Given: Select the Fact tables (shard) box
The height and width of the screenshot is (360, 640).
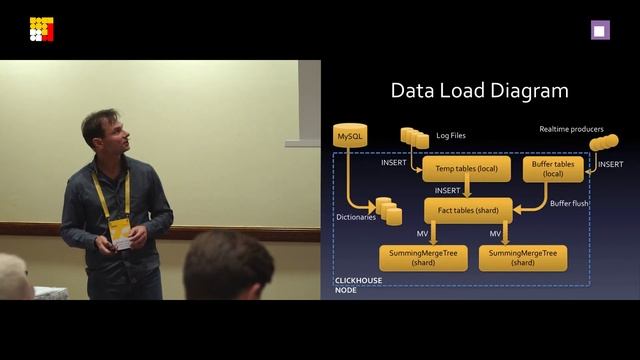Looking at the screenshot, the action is click(x=468, y=209).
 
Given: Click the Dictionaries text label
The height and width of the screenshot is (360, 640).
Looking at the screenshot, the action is click(x=356, y=216).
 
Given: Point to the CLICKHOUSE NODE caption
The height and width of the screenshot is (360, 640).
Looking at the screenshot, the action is click(x=357, y=285).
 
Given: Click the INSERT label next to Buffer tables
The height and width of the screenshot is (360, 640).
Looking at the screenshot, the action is click(x=610, y=163).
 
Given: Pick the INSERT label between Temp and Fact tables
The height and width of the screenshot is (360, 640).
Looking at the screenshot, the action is click(x=448, y=190).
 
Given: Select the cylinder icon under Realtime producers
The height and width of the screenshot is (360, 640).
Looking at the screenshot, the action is click(x=604, y=143).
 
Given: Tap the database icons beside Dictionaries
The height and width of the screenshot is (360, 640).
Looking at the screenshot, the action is click(x=388, y=211).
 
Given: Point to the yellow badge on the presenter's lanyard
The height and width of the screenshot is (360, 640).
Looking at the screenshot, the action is click(x=119, y=232).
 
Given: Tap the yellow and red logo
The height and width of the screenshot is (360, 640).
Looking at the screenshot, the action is click(x=41, y=30).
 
